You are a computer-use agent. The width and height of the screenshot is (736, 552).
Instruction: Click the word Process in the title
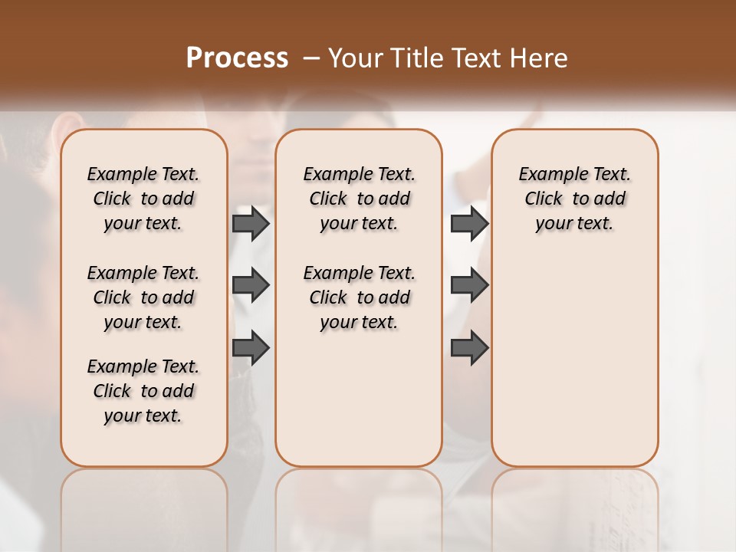pos(237,58)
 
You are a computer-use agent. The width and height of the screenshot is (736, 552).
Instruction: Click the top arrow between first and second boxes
pos(251,223)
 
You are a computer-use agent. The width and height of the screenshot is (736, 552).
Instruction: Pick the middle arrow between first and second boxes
pos(251,285)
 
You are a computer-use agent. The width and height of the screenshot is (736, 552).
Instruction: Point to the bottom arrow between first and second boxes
pos(251,347)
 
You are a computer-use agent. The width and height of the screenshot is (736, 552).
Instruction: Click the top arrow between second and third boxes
pos(469,223)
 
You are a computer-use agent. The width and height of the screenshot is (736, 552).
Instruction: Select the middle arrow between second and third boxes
pos(469,285)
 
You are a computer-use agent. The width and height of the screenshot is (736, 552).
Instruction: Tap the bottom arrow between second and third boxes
pos(469,347)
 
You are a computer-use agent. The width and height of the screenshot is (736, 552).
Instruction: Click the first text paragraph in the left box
pos(143,199)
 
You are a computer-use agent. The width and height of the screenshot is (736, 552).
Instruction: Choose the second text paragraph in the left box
pos(143,297)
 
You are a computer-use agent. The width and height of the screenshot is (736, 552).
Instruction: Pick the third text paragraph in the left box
pos(143,391)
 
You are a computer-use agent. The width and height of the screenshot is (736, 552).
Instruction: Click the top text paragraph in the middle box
pos(359,199)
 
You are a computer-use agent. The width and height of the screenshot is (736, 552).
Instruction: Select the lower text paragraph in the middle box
pos(359,297)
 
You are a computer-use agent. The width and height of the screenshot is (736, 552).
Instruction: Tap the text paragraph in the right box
pos(574,199)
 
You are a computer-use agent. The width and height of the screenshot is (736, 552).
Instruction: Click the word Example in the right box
pos(547,175)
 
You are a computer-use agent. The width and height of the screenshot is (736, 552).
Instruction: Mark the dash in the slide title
pos(311,58)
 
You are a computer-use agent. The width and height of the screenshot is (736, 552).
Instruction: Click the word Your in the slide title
pos(354,58)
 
